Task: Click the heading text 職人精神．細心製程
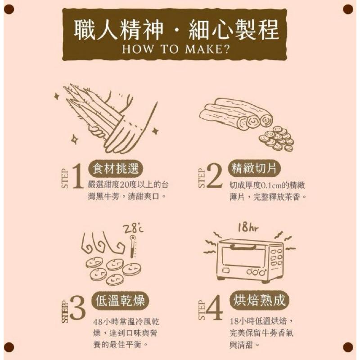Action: tap(176, 30)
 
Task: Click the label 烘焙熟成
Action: tap(260, 300)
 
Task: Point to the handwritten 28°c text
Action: tap(135, 230)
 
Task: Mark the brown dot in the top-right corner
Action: tap(348, 9)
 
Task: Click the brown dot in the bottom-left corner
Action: tap(9, 347)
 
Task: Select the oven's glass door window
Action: tap(243, 257)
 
